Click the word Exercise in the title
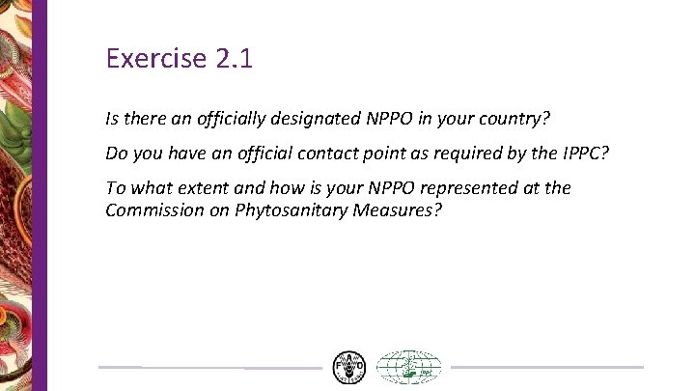[x=154, y=59]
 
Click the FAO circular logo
[x=349, y=367]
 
